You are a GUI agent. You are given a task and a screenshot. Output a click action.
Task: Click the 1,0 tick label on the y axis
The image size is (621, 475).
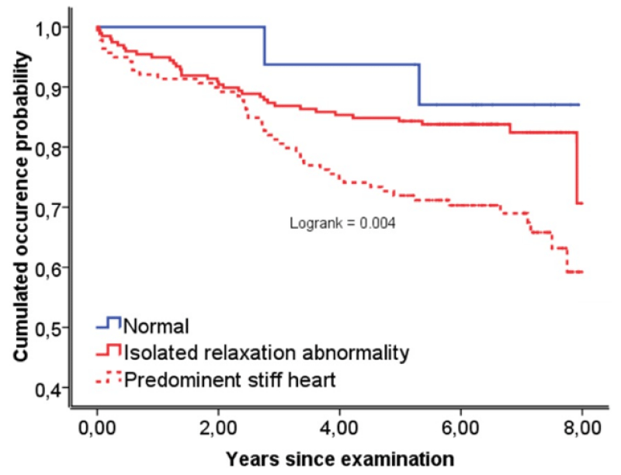[x=49, y=29]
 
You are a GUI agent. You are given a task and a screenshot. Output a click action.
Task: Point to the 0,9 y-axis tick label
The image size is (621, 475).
[x=49, y=89]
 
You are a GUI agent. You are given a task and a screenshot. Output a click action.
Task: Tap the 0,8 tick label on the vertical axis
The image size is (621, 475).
[x=49, y=149]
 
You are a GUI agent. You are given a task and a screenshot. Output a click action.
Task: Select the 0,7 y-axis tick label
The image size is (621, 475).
[x=49, y=210]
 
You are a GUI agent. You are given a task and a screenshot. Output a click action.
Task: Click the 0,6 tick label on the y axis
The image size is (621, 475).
[x=49, y=269]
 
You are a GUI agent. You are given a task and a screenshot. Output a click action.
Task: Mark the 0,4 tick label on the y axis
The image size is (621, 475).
[x=49, y=390]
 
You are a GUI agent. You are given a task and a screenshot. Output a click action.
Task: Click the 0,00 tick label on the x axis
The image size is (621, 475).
[x=97, y=428]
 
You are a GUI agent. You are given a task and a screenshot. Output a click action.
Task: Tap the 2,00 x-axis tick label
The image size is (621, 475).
[x=218, y=428]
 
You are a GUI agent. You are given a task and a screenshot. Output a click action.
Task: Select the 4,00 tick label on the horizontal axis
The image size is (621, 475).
[x=339, y=428]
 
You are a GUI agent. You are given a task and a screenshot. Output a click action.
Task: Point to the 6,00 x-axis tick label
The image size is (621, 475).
[x=460, y=428]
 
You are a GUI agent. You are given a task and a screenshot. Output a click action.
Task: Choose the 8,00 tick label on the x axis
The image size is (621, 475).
[x=581, y=428]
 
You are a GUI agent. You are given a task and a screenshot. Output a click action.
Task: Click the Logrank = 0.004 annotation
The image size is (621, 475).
[x=342, y=224]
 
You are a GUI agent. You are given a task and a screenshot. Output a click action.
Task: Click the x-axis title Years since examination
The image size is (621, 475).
[x=340, y=459]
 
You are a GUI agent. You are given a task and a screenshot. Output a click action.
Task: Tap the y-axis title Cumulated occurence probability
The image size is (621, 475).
[x=22, y=206]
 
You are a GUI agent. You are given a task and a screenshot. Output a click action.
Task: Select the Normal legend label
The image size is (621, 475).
[x=156, y=327]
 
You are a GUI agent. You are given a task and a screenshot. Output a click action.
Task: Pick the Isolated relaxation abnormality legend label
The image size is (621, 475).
[x=266, y=352]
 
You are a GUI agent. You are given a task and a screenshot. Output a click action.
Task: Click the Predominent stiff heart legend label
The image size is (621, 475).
[x=230, y=380]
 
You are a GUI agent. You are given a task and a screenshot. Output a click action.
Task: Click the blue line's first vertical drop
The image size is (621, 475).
[x=265, y=46]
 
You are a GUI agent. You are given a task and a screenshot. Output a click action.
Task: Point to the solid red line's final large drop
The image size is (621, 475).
[x=577, y=168]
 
